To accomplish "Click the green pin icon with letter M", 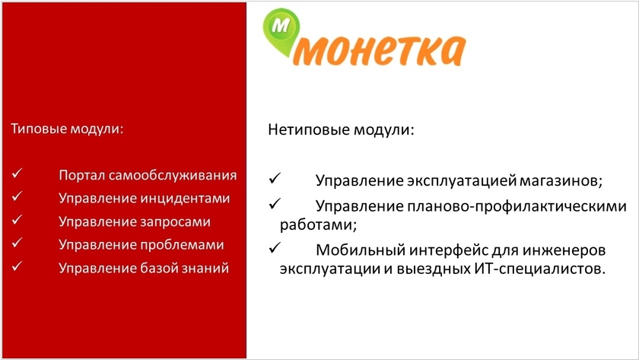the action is tap(281, 31).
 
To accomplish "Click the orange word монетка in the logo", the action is tap(379, 50).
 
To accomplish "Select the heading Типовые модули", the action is tap(67, 129).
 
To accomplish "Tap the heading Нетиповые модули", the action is tap(341, 130).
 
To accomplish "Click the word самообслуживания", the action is tap(173, 175).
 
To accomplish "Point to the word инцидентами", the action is tap(186, 198).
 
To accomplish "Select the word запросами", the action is tap(176, 221).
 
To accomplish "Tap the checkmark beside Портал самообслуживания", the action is tap(17, 174).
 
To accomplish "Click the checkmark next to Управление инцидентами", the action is tap(17, 196).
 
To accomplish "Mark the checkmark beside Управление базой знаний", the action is tap(17, 266).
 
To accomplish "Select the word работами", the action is tap(318, 225).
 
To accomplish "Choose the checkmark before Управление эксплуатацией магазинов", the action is tap(275, 178).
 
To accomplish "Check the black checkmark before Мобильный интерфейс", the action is tap(275, 247).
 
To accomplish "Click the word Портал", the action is tap(82, 175).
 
